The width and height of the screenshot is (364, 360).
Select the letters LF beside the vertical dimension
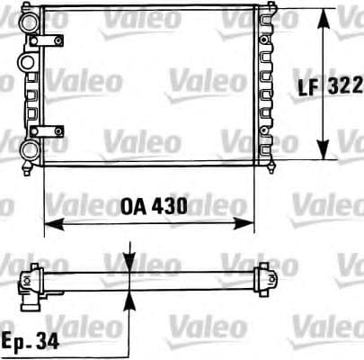click(x=311, y=86)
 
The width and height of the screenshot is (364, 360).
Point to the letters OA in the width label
click(x=131, y=206)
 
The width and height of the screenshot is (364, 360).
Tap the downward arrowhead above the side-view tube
click(x=131, y=261)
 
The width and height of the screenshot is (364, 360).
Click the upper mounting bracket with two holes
click(x=50, y=40)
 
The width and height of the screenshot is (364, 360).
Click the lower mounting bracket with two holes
click(x=50, y=131)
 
